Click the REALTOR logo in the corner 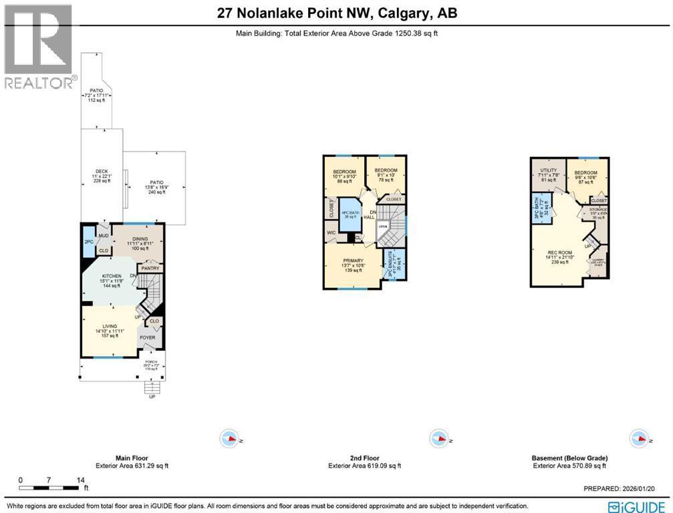pos(39,47)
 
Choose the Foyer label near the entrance pos(147,337)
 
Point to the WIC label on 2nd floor pos(331,232)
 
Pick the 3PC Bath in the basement pos(540,207)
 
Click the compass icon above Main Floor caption pos(229,439)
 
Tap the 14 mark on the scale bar pos(80,480)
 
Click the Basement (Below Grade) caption pos(570,458)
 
